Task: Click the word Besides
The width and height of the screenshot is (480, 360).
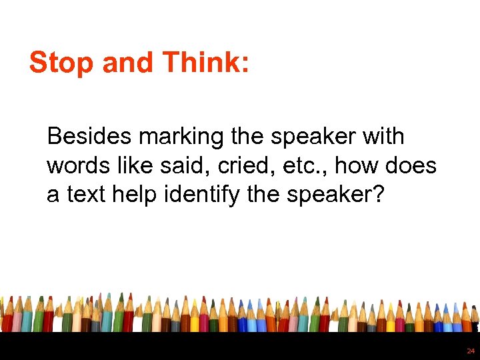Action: coord(90,137)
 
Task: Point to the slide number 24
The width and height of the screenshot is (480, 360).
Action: coord(470,351)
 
